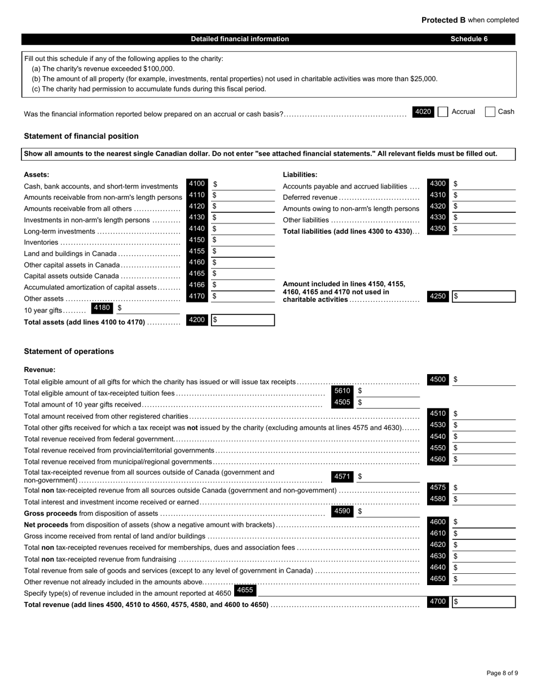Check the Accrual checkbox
tap(443, 112)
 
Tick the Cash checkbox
tap(490, 112)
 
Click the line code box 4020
tap(423, 112)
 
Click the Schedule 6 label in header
tap(469, 39)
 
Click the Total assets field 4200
tap(243, 320)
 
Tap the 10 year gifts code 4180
tap(102, 308)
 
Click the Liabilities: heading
tap(300, 175)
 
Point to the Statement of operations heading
tap(69, 352)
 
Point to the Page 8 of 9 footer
tap(502, 673)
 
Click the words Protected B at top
tap(443, 20)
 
